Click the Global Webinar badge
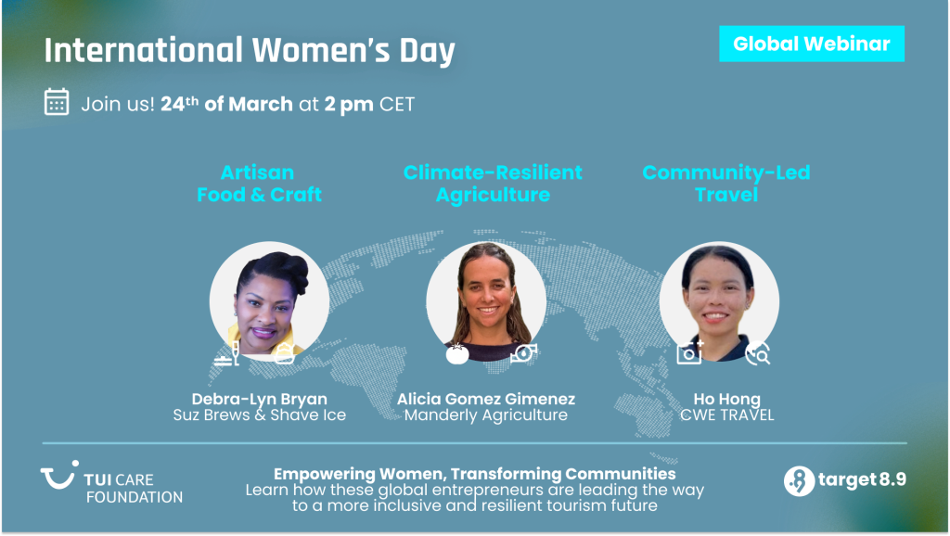(811, 44)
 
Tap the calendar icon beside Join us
(58, 102)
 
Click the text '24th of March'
(226, 103)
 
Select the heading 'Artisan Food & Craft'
(259, 184)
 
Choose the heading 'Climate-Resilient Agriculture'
(493, 184)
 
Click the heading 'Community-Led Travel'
(725, 184)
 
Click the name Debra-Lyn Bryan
(259, 399)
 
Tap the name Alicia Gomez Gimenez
(486, 399)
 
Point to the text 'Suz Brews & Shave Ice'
(259, 415)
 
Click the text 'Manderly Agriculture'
(486, 415)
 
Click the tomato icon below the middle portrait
(456, 353)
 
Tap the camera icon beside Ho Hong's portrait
(690, 352)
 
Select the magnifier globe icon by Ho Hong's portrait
(759, 352)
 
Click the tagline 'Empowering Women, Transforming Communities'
(475, 475)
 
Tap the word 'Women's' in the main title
(305, 50)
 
